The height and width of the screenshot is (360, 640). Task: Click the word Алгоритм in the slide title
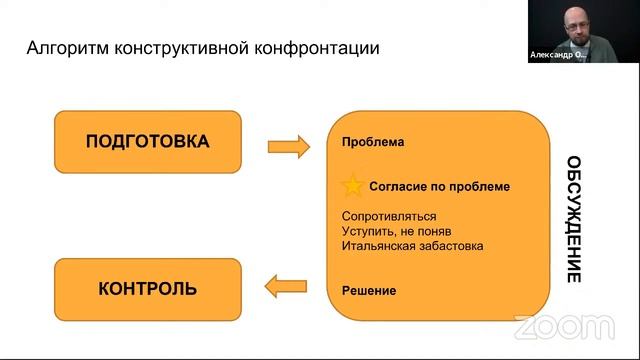pyautogui.click(x=66, y=48)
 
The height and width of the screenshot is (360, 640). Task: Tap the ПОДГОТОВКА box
pyautogui.click(x=148, y=141)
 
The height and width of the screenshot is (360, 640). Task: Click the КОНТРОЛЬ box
pyautogui.click(x=148, y=289)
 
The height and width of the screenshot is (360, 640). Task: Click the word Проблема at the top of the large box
pyautogui.click(x=372, y=142)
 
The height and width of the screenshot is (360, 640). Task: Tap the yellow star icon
pyautogui.click(x=352, y=186)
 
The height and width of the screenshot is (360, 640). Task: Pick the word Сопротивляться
pyautogui.click(x=388, y=216)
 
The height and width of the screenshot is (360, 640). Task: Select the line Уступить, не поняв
pyautogui.click(x=397, y=231)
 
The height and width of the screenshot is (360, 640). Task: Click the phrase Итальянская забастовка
pyautogui.click(x=412, y=246)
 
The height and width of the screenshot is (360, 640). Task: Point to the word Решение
pyautogui.click(x=368, y=291)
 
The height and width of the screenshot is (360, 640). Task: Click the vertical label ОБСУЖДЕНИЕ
pyautogui.click(x=573, y=219)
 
